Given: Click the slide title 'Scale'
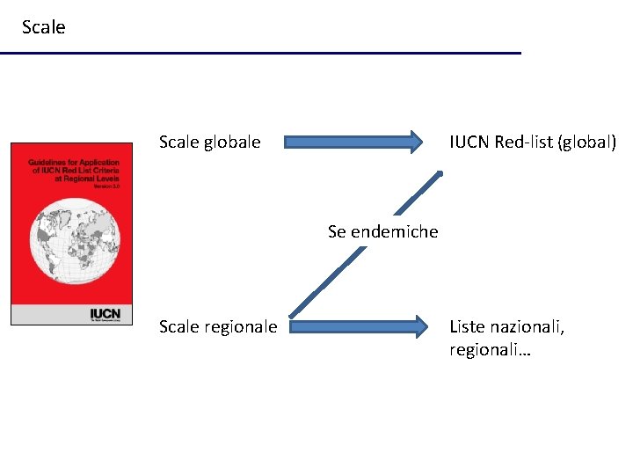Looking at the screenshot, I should tap(43, 27).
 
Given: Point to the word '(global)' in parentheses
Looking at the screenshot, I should tap(586, 142).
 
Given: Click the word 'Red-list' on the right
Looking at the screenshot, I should tap(524, 142).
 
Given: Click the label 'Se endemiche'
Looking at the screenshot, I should tap(382, 232).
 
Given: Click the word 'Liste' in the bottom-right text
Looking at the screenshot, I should tap(467, 327).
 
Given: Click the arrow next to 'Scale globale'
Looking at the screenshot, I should tap(352, 142).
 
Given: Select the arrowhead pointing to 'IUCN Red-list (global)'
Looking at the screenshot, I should tap(413, 142).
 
